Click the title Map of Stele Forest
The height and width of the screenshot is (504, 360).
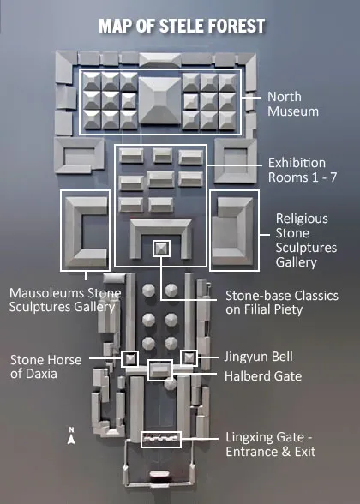point(182,26)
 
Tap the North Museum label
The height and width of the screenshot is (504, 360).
point(293,105)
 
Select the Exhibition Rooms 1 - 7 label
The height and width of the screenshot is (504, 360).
point(303,170)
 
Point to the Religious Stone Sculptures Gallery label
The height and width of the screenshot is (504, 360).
point(306,240)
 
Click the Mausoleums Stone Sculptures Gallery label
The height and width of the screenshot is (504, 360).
point(65,300)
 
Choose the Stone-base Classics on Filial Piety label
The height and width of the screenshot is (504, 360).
point(282,303)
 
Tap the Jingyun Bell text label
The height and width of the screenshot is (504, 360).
point(259,357)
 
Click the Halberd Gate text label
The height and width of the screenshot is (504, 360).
point(263,375)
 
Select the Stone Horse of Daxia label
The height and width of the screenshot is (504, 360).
point(45,367)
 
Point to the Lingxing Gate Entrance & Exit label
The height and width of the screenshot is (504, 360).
point(270,444)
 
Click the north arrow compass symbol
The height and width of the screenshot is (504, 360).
point(71,435)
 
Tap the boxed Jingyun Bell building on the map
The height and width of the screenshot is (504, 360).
point(189,357)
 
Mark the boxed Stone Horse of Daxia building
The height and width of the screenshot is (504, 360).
point(130,358)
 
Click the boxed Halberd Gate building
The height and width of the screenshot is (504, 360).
point(159,370)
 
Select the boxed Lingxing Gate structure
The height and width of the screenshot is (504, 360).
point(161,440)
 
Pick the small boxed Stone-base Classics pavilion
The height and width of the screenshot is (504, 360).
point(161,249)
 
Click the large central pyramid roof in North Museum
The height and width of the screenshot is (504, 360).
point(160,100)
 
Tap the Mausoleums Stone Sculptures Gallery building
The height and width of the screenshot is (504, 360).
point(86,232)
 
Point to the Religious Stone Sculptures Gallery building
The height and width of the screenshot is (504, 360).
point(233,231)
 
